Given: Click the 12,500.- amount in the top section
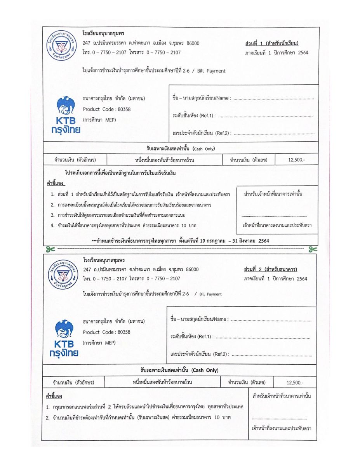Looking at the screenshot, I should (x=296, y=160).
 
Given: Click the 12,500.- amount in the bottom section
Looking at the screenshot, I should (x=295, y=383).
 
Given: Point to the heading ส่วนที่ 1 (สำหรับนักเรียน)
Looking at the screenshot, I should (x=271, y=43).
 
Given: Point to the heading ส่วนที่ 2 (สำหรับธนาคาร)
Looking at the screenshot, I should (x=271, y=269).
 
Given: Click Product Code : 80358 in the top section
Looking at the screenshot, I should (x=107, y=109).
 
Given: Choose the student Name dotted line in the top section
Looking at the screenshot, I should (x=273, y=98).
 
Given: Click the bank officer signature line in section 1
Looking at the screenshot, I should (x=274, y=216).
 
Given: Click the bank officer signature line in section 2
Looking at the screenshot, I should (x=279, y=419).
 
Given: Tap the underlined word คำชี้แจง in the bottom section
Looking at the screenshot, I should (x=54, y=396).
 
